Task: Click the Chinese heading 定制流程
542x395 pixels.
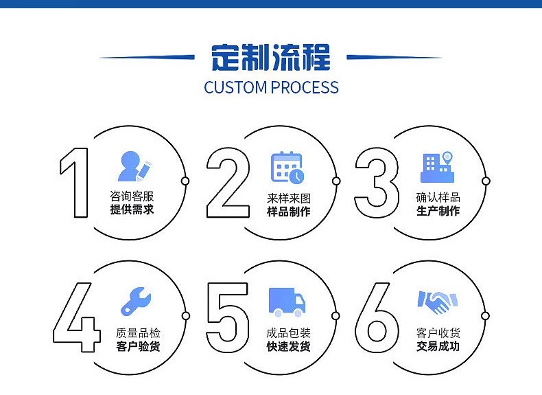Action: tap(271, 58)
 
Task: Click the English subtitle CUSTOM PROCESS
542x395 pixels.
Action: tap(272, 87)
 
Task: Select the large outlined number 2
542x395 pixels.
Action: tap(228, 183)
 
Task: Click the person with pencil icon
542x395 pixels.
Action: tap(134, 166)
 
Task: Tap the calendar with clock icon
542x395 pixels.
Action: tap(287, 168)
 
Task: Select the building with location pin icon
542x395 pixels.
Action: tap(437, 167)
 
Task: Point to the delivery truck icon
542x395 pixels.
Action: tap(287, 302)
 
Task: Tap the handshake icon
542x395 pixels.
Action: tap(437, 302)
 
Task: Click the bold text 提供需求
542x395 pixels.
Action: tap(132, 210)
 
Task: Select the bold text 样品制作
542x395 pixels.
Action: tap(289, 211)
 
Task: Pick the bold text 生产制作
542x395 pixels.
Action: tap(438, 210)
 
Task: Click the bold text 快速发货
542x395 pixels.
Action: tap(289, 346)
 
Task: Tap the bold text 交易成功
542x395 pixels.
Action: tap(438, 346)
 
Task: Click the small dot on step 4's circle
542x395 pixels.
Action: tap(186, 316)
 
